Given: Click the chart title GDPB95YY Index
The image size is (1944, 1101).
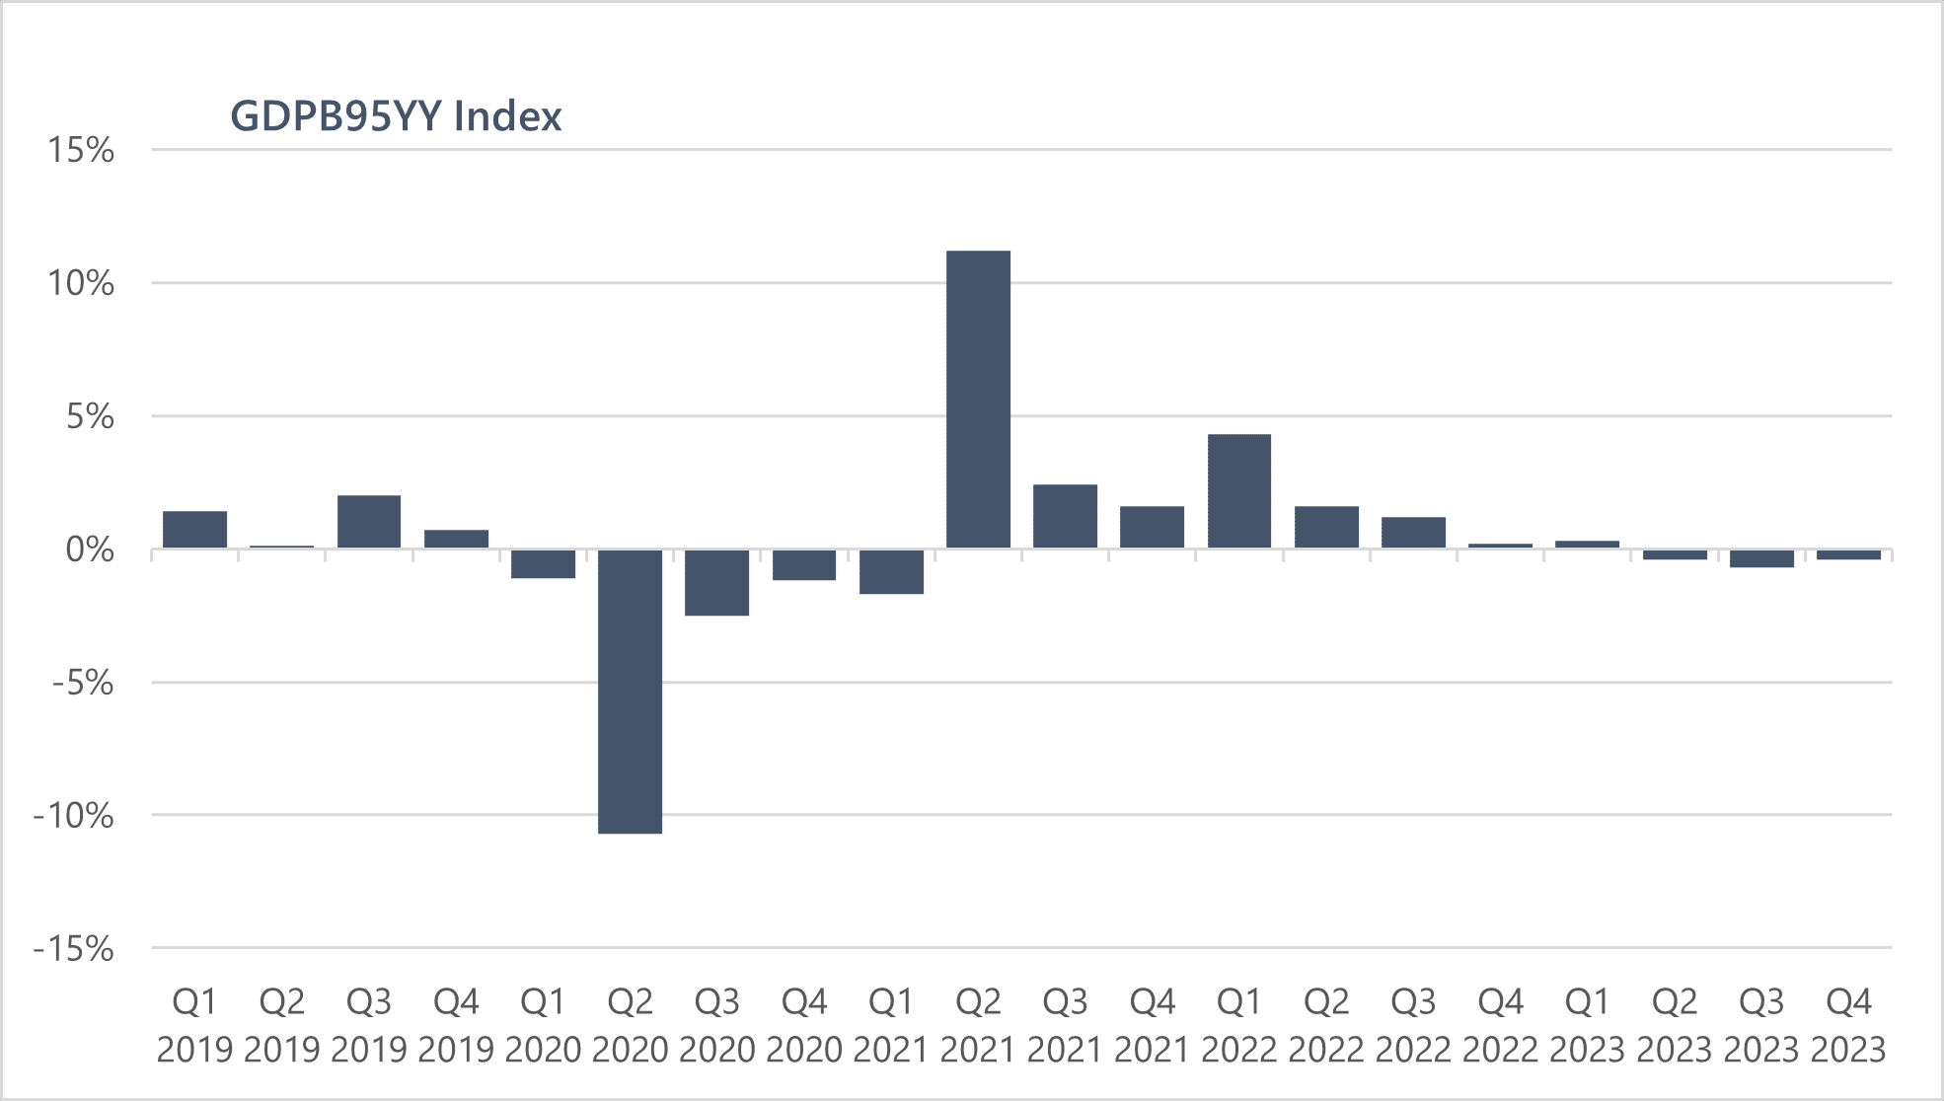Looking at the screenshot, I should pos(396,116).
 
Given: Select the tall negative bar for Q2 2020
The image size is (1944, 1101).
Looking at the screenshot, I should pos(631,691).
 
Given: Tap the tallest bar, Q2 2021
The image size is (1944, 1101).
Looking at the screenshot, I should pos(978,400).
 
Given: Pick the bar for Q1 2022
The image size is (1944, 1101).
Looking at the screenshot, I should pos(1239,491).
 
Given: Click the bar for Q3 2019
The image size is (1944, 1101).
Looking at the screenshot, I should pos(369,522).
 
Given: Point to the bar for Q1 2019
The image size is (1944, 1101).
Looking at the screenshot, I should pos(194,530).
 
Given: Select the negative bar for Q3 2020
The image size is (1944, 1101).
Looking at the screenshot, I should pos(717,582).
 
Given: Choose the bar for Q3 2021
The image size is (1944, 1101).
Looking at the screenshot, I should pos(1065,516).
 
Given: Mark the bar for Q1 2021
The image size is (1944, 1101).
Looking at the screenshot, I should pos(891,571).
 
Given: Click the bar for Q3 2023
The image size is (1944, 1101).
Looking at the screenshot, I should pos(1761,558).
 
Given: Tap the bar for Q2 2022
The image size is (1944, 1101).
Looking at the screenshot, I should pos(1326,527).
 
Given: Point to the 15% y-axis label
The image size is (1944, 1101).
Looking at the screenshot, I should pos(81,150).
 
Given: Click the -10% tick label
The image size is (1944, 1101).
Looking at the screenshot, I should pos(74,816).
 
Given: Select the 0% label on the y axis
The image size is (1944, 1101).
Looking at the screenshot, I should pos(90,550).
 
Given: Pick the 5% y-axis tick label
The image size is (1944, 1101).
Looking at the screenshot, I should pos(90,416).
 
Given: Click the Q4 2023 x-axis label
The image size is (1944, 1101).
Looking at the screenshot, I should pos(1848,1026).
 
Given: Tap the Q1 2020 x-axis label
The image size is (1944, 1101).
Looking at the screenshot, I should pos(543,1026).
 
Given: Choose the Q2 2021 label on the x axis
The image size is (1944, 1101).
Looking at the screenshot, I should pos(978,1026).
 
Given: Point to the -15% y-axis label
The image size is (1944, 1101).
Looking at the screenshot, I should pos(74,949).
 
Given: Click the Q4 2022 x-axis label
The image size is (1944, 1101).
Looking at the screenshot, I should pos(1500,1026).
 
